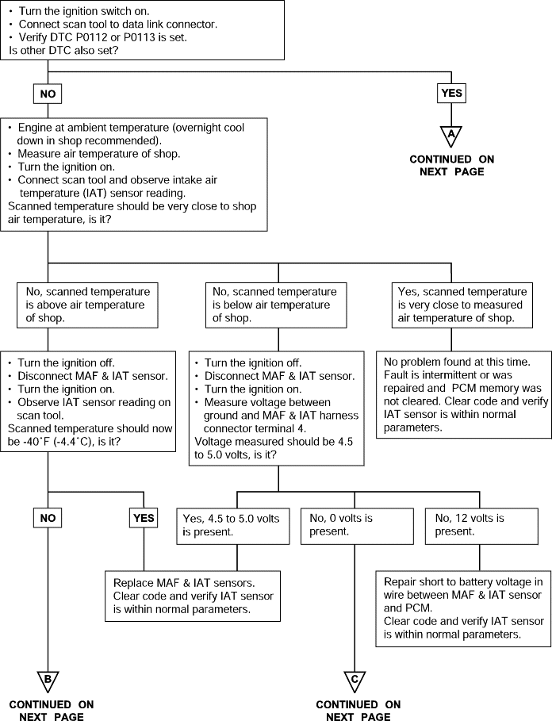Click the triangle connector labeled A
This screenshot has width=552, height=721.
[451, 135]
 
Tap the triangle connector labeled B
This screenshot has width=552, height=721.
[48, 681]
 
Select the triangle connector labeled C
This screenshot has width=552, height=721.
[355, 681]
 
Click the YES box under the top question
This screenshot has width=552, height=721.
[451, 94]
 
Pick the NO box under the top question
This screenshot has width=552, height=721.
[48, 94]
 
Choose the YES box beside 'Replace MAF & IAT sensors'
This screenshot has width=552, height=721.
[144, 518]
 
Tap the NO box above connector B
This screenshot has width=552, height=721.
[48, 518]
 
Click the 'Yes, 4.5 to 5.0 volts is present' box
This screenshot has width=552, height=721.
[233, 526]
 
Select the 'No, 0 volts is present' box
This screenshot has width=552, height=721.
[357, 526]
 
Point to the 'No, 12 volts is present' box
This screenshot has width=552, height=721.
[481, 526]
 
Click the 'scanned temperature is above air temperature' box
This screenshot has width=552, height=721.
[87, 305]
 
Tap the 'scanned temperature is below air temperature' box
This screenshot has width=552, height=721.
[276, 305]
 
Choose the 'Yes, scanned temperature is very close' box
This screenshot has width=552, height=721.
[462, 305]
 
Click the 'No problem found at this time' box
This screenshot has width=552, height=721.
[464, 395]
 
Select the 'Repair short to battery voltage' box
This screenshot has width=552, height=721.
[463, 609]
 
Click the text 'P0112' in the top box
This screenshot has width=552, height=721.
[91, 37]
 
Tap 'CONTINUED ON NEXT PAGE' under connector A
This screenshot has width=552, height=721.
[452, 166]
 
